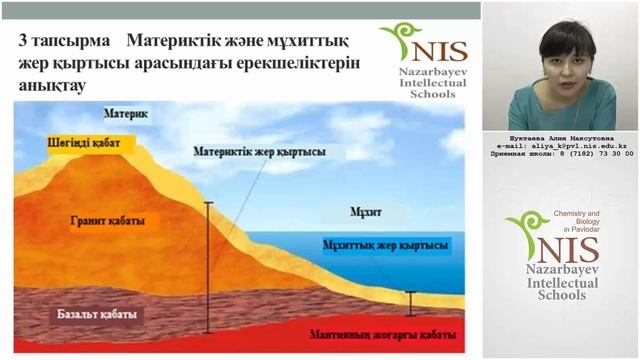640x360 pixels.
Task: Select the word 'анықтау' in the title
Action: tap(53, 87)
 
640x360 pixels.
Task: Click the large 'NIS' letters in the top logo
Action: tap(434, 51)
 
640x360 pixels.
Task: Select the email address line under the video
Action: tap(559, 146)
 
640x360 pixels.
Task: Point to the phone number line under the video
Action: tap(559, 155)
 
